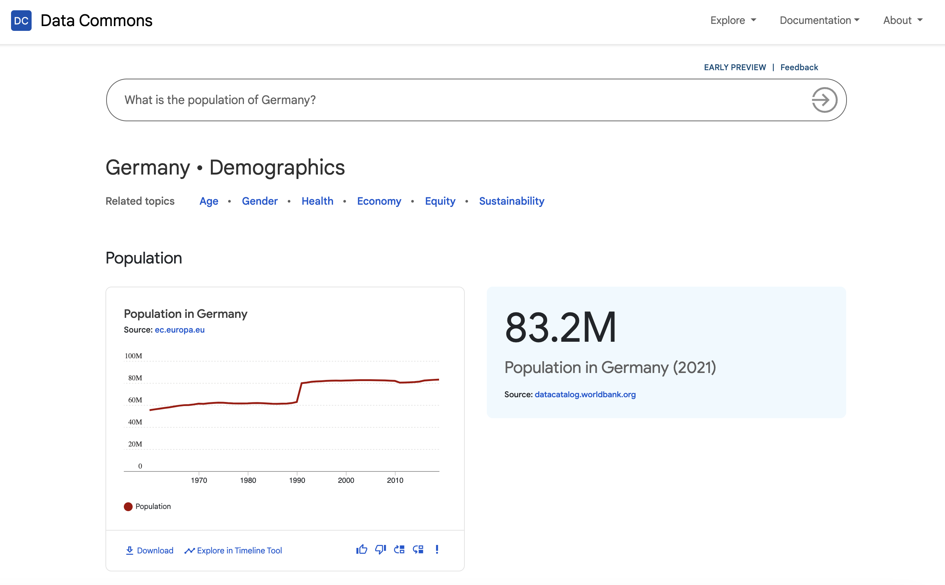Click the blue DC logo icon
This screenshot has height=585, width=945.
(21, 21)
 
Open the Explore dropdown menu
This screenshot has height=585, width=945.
(733, 20)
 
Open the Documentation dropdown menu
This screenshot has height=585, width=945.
(819, 20)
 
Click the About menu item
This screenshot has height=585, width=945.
(902, 20)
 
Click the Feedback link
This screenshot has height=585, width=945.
(799, 67)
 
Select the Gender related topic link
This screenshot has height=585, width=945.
(259, 201)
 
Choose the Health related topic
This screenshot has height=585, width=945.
(317, 201)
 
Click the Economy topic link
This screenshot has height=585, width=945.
(379, 201)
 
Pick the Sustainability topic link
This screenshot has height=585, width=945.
(511, 201)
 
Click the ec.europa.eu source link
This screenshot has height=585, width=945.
(180, 330)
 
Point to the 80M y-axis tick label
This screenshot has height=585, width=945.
(135, 378)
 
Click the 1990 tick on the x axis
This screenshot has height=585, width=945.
(297, 480)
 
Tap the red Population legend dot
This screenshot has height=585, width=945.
(128, 506)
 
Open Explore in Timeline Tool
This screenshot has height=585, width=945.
(233, 550)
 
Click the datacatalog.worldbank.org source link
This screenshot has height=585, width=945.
(585, 394)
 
